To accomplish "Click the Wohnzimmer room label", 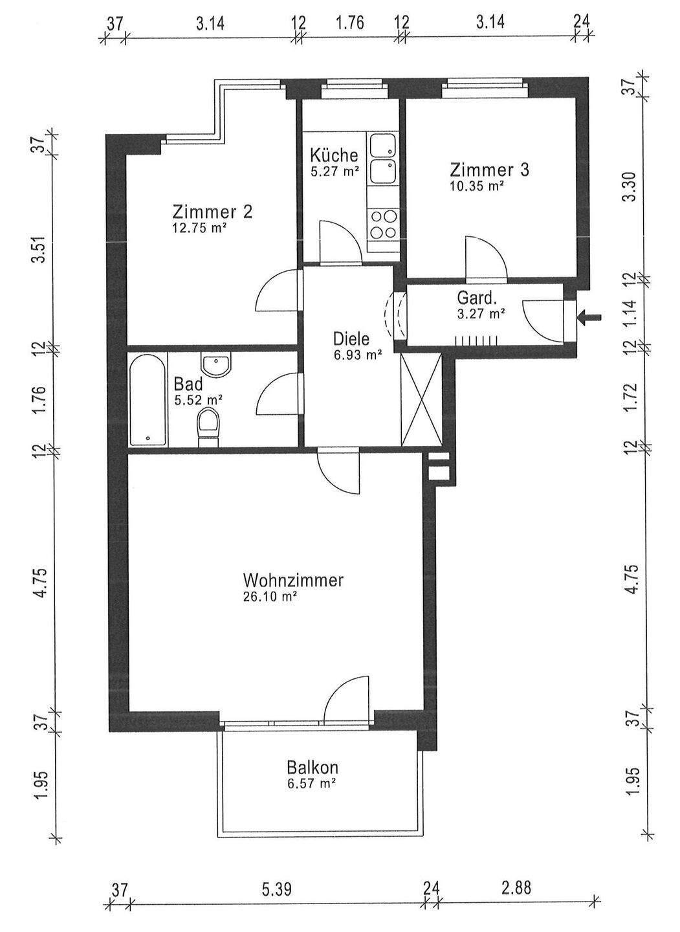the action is pyautogui.click(x=292, y=580).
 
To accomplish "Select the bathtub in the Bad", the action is pyautogui.click(x=148, y=399).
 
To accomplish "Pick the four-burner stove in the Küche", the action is pyautogui.click(x=382, y=224).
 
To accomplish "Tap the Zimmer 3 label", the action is pyautogui.click(x=490, y=170).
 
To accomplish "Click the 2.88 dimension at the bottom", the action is pyautogui.click(x=516, y=887).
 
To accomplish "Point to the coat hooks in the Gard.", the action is pyautogui.click(x=477, y=339).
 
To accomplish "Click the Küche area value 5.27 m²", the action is pyautogui.click(x=334, y=172).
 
